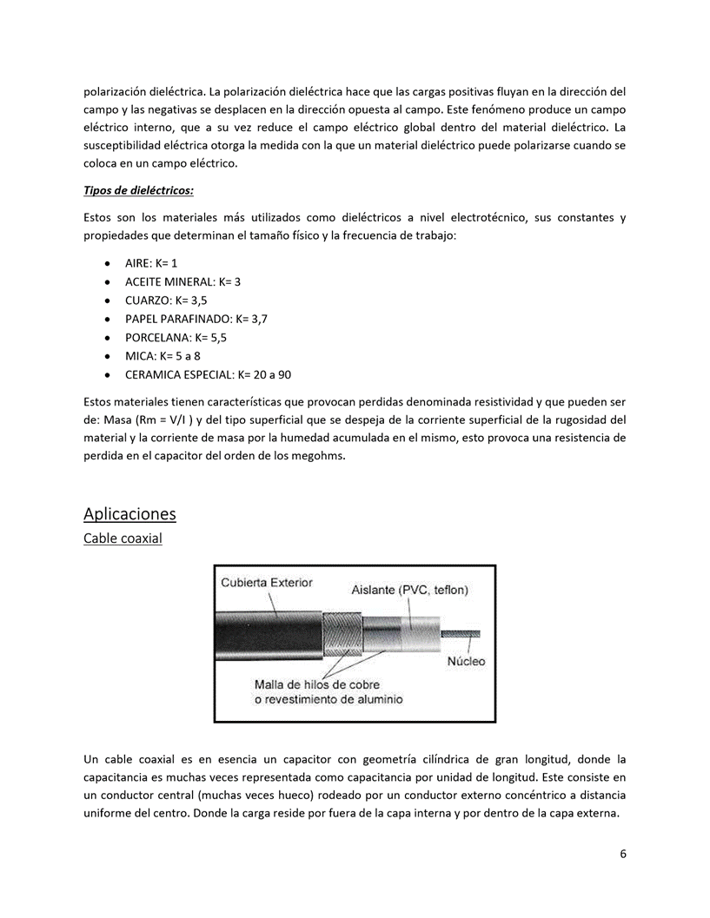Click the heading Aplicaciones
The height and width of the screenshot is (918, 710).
pos(129,513)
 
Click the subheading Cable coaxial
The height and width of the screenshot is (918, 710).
pos(123,538)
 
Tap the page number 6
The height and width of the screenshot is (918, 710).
pos(623,853)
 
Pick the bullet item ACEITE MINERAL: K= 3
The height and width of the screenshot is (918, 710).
pos(182,281)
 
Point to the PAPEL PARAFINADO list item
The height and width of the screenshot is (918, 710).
pos(196,319)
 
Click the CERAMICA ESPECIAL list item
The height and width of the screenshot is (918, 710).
pos(208,375)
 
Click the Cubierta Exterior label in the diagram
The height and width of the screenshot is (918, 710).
pos(266,582)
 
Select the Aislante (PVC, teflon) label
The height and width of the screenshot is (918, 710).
pos(409,591)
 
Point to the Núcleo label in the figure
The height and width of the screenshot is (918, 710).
pos(466,661)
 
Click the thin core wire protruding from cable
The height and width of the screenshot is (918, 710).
pos(460,633)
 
